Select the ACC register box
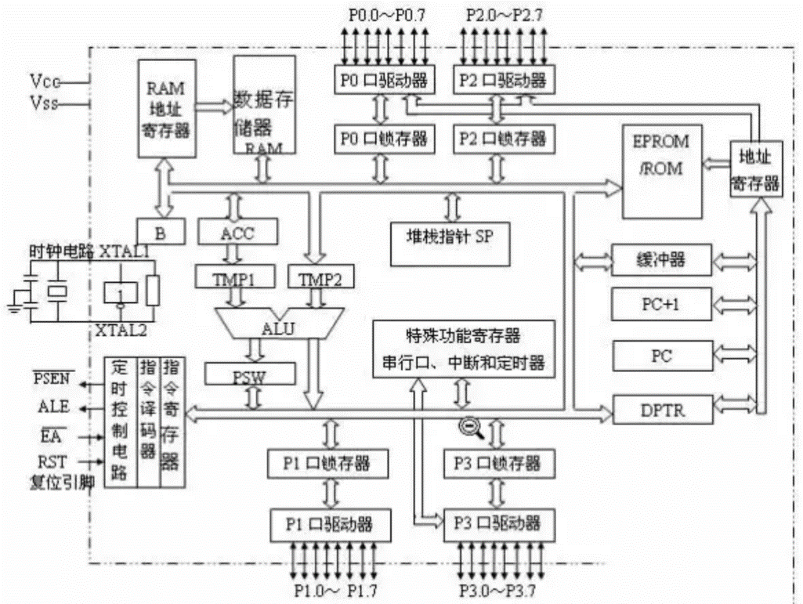pos(238,232)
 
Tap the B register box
pos(161,232)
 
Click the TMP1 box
pos(236,278)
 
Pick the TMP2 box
pos(320,278)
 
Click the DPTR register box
pos(652,408)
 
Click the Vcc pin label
pos(45,80)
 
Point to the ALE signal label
pos(53,407)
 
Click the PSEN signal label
pos(53,382)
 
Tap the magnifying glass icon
pos(470,426)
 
